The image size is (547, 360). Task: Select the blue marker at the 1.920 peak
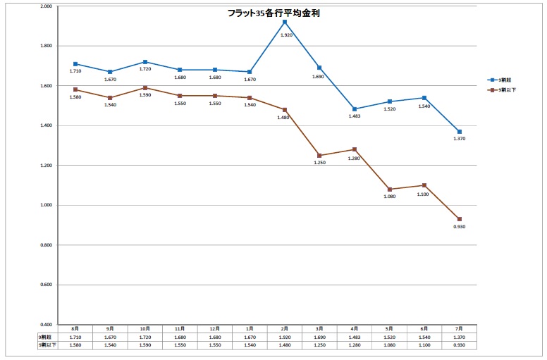[x=284, y=23]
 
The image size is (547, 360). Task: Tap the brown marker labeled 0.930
[x=459, y=219]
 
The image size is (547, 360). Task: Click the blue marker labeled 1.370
[x=459, y=132]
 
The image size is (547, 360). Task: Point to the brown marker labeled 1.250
[x=319, y=156]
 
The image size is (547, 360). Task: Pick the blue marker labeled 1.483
[x=354, y=109]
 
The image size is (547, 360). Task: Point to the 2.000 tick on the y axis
[x=47, y=6]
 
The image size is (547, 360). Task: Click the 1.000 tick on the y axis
[x=47, y=206]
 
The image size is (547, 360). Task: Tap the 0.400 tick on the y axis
[x=47, y=325]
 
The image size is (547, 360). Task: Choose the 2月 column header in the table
[x=284, y=329]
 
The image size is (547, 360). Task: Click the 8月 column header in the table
[x=75, y=329]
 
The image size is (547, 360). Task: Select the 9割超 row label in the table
[x=47, y=337]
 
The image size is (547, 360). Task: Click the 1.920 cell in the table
[x=284, y=337]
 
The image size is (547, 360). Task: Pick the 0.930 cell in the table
[x=459, y=345]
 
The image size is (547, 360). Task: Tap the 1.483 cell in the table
[x=354, y=337]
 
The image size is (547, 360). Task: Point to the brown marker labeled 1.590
[x=145, y=88]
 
